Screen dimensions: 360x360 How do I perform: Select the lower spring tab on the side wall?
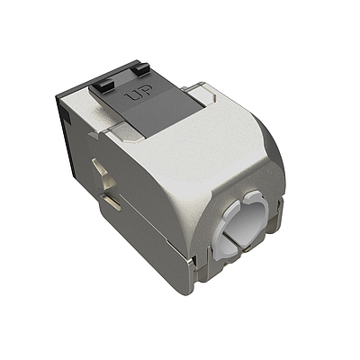point(112,203)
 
